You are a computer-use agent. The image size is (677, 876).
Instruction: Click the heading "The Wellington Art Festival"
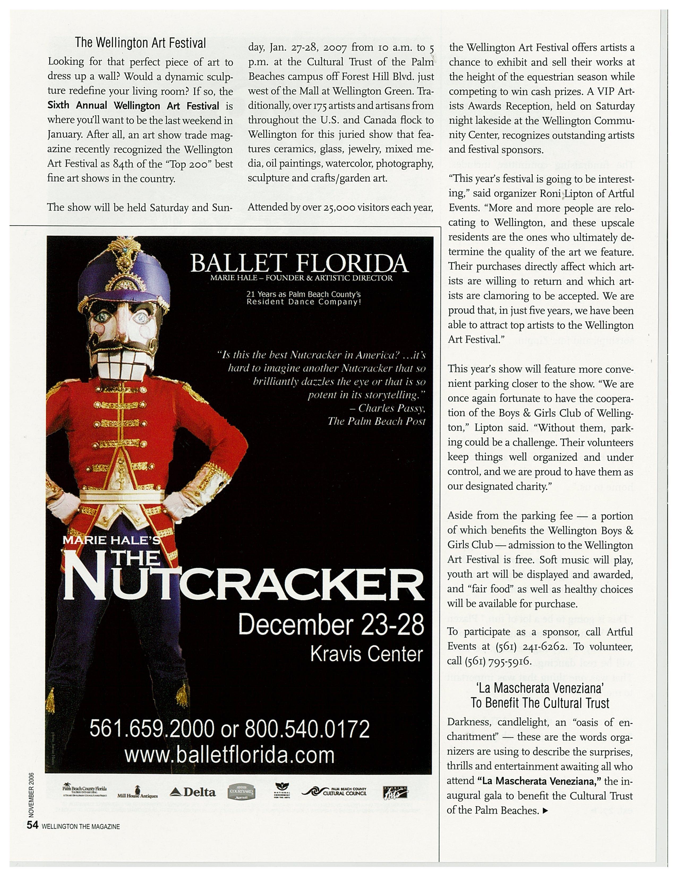(x=140, y=43)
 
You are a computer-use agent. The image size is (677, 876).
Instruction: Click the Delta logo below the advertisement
(x=192, y=792)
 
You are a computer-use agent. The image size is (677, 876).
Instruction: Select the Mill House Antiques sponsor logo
(x=138, y=793)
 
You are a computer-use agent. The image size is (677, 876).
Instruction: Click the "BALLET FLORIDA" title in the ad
(x=299, y=264)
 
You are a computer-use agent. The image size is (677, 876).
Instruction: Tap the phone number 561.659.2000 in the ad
(x=152, y=729)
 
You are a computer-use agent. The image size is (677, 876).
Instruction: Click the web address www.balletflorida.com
(x=229, y=755)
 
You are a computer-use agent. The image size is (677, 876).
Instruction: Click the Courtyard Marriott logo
(x=242, y=792)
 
